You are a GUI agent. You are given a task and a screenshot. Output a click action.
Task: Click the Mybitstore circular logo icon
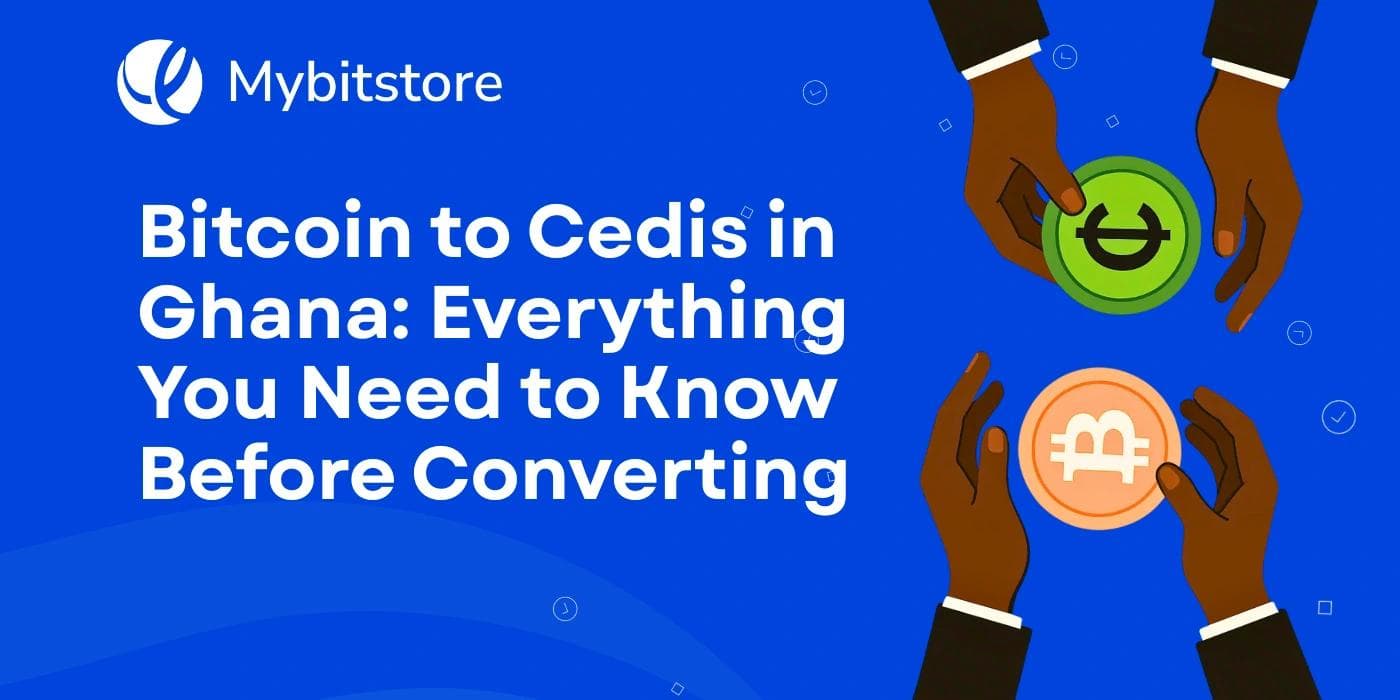point(159,81)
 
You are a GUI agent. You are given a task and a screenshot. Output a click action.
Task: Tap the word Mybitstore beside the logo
point(365,83)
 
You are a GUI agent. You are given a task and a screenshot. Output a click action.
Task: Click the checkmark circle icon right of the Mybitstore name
point(815,93)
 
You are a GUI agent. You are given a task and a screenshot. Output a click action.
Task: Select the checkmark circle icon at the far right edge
point(1338,417)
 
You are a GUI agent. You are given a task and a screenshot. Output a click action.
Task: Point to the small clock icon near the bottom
point(565,607)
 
